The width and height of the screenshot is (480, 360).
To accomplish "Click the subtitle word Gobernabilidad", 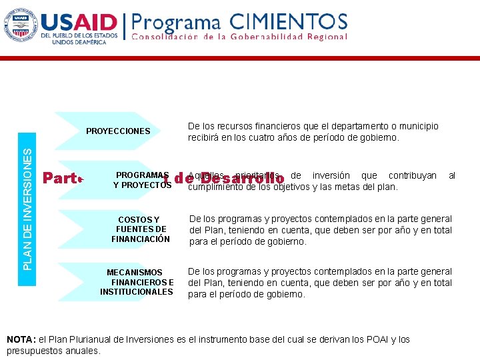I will [266, 37].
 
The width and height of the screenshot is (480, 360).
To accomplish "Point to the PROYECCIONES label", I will [118, 131].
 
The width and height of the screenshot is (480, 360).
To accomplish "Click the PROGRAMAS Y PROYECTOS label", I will [142, 180].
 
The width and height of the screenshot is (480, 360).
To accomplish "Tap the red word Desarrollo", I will [242, 179].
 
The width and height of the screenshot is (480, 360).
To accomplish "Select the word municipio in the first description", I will [417, 126].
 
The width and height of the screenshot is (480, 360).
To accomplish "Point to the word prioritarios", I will [259, 175].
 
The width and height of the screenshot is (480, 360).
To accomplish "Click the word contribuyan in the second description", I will [413, 175].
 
